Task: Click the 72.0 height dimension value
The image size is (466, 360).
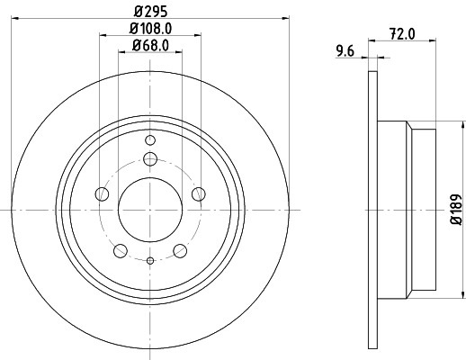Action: click(x=403, y=36)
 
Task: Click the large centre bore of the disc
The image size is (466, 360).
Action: click(x=149, y=208)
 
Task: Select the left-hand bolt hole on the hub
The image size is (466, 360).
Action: click(x=102, y=193)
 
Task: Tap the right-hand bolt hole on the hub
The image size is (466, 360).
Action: click(x=198, y=193)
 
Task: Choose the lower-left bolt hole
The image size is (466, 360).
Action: click(x=120, y=249)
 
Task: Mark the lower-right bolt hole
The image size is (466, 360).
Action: click(x=180, y=249)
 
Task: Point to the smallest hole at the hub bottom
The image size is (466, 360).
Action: click(x=149, y=259)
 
